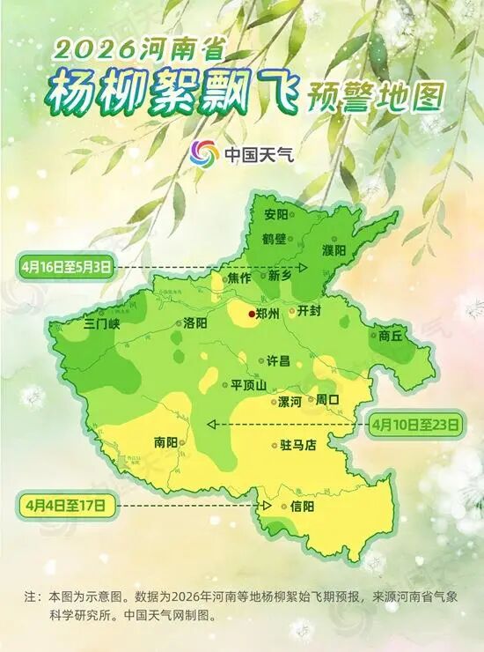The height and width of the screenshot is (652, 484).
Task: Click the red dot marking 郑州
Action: pyautogui.click(x=252, y=314)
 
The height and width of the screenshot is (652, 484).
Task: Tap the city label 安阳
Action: pyautogui.click(x=275, y=215)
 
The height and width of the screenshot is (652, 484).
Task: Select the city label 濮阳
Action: pyautogui.click(x=334, y=250)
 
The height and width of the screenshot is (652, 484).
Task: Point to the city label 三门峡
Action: pyautogui.click(x=101, y=324)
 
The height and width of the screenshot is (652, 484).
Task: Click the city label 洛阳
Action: pyautogui.click(x=195, y=323)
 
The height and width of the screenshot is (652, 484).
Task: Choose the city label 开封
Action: pyautogui.click(x=312, y=311)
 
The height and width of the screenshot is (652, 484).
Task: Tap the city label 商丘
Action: pyautogui.click(x=391, y=335)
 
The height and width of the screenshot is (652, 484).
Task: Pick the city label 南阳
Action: pyautogui.click(x=165, y=441)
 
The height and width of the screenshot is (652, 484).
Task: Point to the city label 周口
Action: pyautogui.click(x=327, y=399)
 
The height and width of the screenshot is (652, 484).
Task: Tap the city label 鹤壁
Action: pyautogui.click(x=275, y=239)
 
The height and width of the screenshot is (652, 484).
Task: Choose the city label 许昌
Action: pyautogui.click(x=278, y=361)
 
